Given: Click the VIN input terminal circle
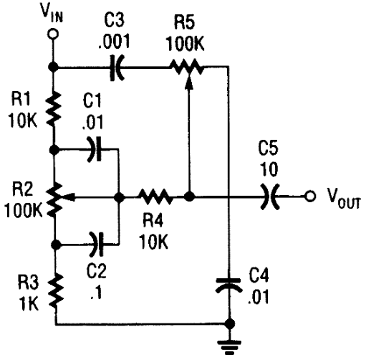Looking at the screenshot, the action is [x=53, y=34].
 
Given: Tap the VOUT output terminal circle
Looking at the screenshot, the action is [x=309, y=196].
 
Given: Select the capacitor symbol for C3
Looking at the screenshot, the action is [x=117, y=67].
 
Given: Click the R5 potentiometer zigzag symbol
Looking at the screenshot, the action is [x=187, y=67].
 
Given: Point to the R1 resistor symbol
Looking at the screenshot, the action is [x=53, y=108].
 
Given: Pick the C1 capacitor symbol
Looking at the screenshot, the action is [x=95, y=149].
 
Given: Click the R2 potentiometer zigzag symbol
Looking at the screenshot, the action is [x=54, y=198].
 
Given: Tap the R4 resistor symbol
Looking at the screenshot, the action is [x=155, y=196].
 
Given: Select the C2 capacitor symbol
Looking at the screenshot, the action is [x=97, y=244].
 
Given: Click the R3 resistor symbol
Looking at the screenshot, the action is [x=56, y=291].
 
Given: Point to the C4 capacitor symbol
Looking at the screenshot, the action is [x=228, y=285].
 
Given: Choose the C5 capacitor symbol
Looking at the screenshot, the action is [x=270, y=196].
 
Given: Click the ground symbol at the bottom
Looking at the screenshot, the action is [x=229, y=347].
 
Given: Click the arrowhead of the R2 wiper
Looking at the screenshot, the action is [x=67, y=197].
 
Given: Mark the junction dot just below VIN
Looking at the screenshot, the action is [x=53, y=67].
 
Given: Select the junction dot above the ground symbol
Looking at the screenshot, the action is [x=230, y=324].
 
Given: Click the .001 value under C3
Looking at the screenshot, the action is [x=115, y=41].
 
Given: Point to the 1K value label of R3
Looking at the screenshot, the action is [x=29, y=303].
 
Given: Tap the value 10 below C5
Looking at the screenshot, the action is [x=269, y=169].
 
